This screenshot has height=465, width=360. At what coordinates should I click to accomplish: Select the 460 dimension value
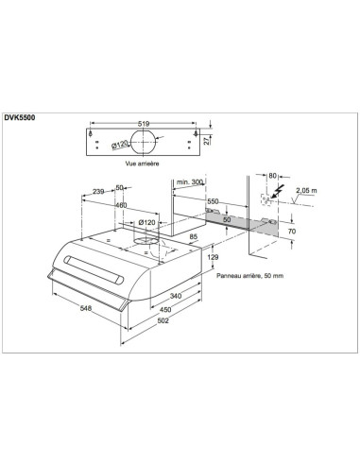tap(121, 205)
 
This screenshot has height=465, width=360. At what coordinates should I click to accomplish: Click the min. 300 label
tap(191, 181)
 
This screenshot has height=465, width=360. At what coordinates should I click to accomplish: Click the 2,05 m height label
tap(304, 191)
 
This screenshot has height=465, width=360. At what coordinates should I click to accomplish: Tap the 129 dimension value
tap(214, 258)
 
